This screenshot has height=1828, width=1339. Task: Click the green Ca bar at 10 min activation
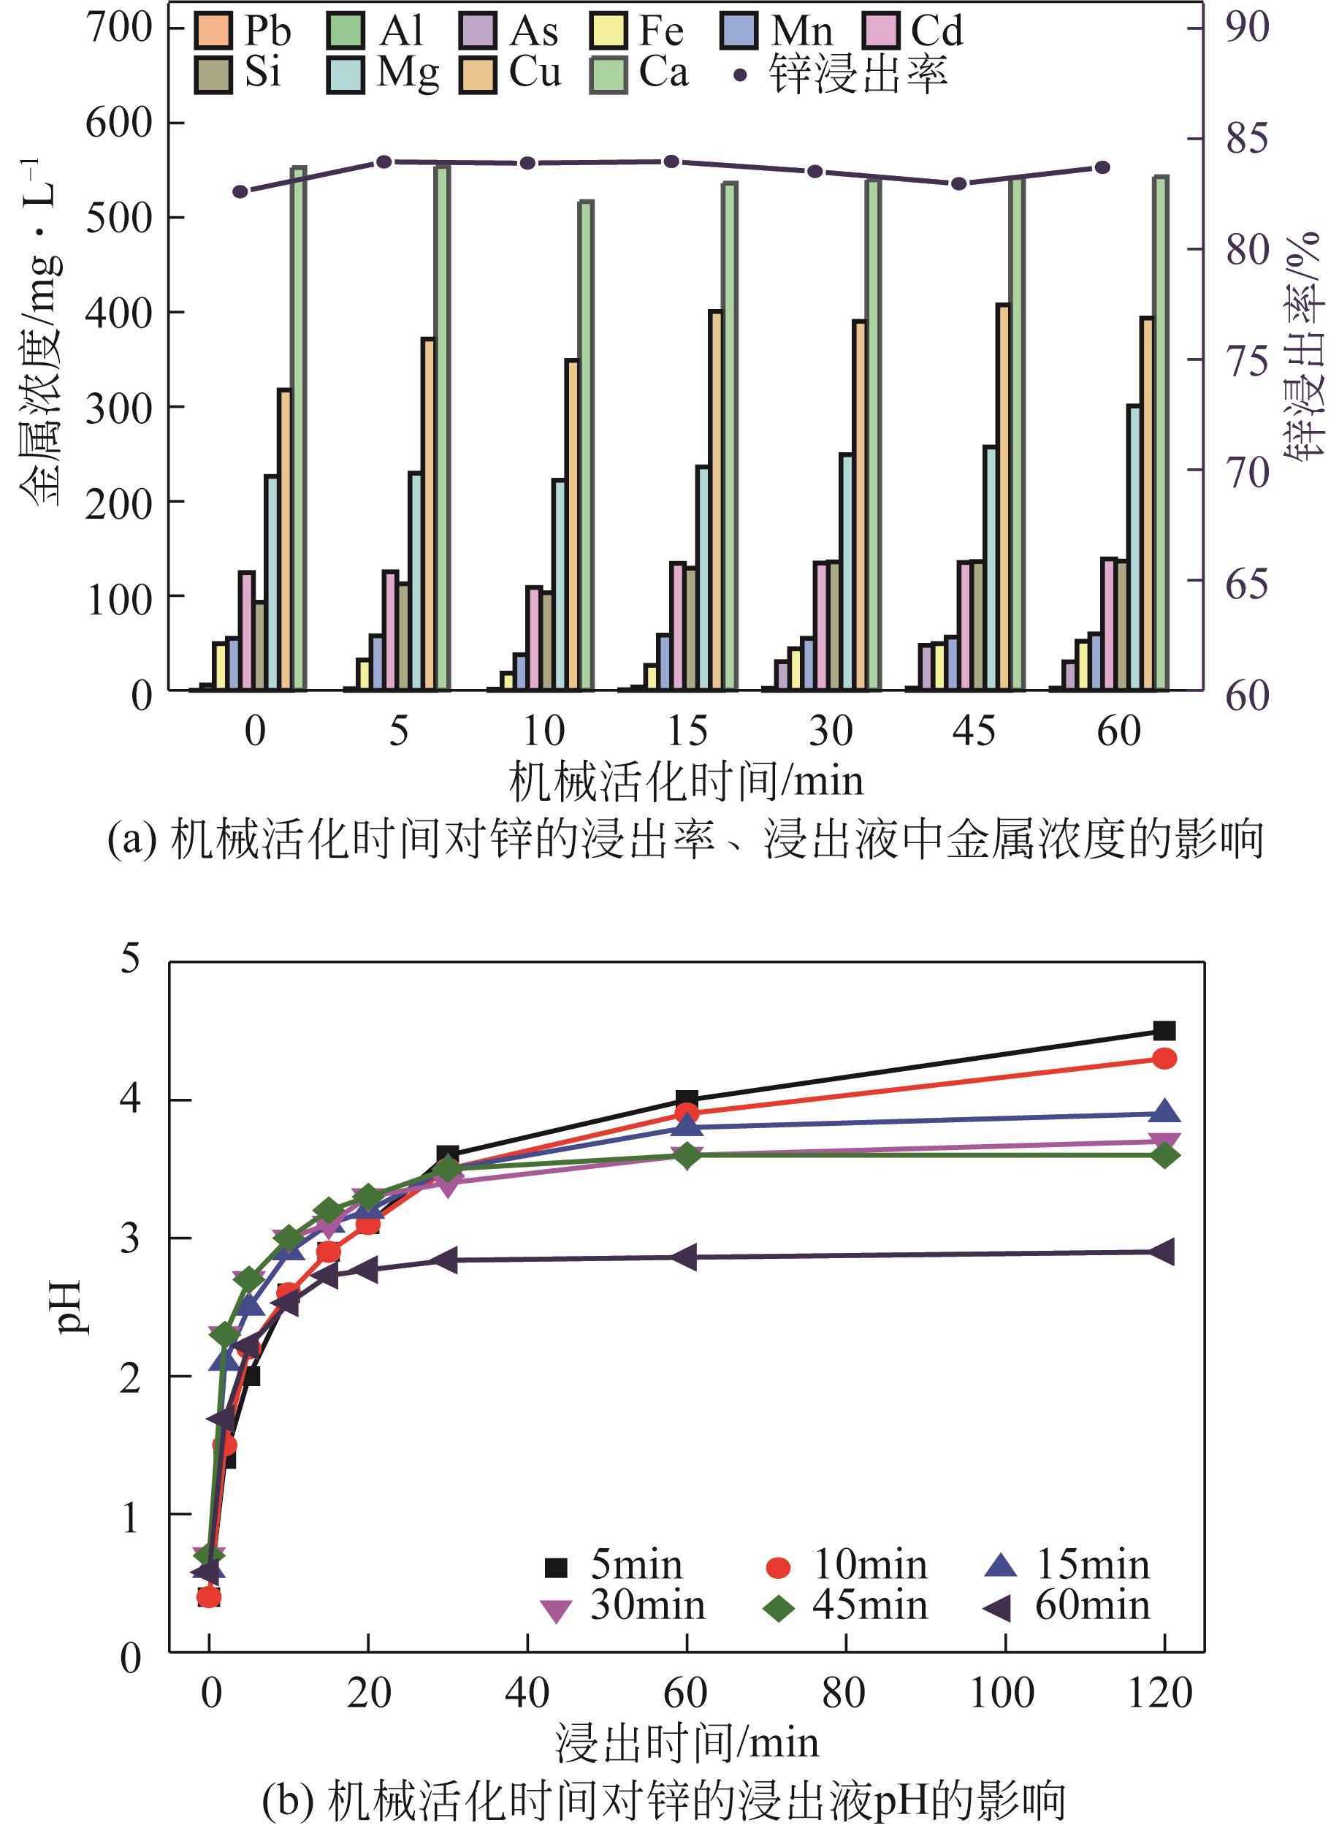[x=586, y=445]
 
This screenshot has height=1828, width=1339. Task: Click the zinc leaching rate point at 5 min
[x=385, y=161]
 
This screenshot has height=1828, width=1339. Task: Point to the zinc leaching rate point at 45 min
[x=959, y=184]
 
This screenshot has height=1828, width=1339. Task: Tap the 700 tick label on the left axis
[x=119, y=28]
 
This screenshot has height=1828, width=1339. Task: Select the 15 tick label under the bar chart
[x=687, y=731]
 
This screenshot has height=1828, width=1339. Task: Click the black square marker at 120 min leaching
[x=1164, y=1031]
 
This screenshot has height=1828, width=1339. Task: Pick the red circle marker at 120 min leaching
[x=1164, y=1059]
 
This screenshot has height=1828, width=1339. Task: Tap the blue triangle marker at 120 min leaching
[x=1164, y=1112]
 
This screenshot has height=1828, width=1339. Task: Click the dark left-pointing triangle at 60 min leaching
[x=685, y=1257]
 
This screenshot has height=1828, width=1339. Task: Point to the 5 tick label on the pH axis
[x=131, y=960]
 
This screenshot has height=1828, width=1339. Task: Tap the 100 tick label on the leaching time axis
[x=1003, y=1694]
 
